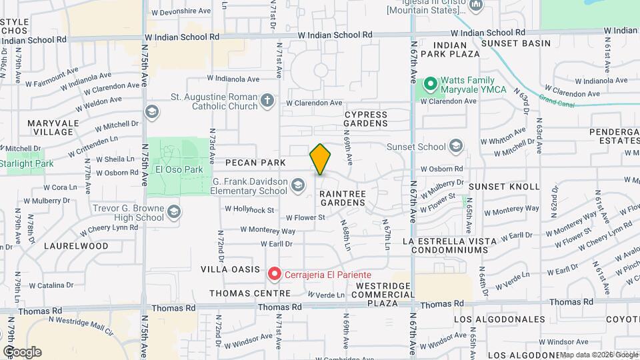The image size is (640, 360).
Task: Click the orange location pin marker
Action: (x=320, y=160)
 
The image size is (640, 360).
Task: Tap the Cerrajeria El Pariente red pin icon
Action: (x=273, y=273)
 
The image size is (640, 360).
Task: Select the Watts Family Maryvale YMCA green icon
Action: (x=430, y=85)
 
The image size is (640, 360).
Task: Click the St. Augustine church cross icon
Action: (x=267, y=101)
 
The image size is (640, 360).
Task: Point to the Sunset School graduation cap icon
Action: (x=456, y=146)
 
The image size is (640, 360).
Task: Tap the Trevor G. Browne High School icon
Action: (x=173, y=212)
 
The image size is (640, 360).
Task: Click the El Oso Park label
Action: (x=178, y=169)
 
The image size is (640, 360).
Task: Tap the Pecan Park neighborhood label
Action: (x=255, y=163)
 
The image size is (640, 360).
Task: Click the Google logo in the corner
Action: (x=22, y=351)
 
